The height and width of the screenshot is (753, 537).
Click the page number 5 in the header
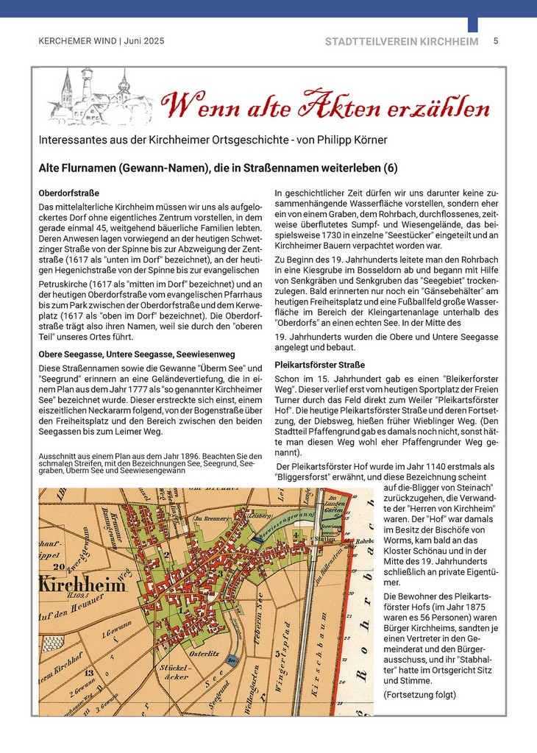click(x=496, y=41)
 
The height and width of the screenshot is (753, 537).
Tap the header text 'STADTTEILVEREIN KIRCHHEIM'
click(x=401, y=42)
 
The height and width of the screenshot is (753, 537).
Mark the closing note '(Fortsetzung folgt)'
click(x=420, y=695)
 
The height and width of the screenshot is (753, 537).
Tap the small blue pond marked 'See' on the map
click(x=232, y=661)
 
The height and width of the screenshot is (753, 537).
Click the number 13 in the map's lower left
click(x=88, y=672)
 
